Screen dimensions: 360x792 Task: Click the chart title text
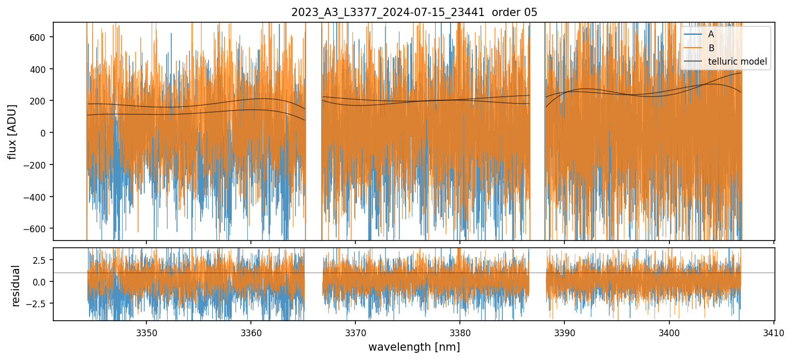(414, 12)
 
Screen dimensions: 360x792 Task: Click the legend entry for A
(711, 34)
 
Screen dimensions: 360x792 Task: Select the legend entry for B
(711, 48)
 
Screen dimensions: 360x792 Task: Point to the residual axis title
(16, 285)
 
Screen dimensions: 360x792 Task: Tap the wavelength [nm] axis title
(414, 347)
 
